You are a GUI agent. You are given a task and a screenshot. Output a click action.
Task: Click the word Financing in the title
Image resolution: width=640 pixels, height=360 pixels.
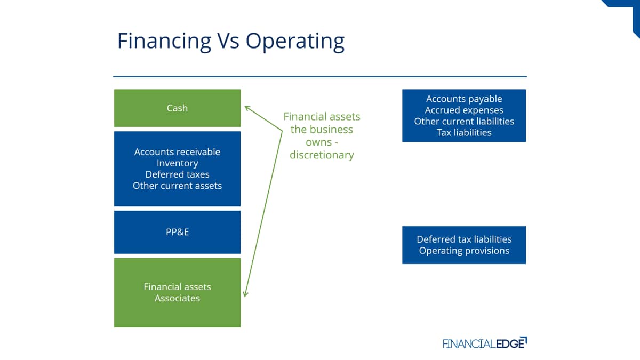click(x=164, y=42)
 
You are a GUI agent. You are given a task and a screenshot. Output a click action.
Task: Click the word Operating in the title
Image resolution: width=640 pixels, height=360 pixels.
click(x=295, y=42)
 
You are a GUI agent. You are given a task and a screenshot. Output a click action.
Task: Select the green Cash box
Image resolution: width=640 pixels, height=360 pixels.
click(x=177, y=108)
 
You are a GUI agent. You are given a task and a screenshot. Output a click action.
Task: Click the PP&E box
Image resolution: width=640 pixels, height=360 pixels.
click(x=177, y=232)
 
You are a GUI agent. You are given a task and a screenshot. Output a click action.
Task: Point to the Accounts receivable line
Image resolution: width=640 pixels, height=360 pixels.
click(x=177, y=151)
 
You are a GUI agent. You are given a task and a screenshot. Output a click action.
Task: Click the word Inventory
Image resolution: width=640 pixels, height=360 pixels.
click(x=177, y=163)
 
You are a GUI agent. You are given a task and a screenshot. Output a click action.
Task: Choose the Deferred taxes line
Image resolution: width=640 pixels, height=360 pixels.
click(x=177, y=174)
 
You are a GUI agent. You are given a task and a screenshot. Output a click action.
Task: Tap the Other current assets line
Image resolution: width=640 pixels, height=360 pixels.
click(x=177, y=186)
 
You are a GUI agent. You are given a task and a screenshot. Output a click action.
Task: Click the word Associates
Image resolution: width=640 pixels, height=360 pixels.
click(x=177, y=298)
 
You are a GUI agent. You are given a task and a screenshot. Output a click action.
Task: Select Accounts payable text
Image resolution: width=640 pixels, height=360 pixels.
click(x=464, y=99)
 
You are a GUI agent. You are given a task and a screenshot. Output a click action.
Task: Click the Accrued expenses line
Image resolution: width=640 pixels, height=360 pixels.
click(x=464, y=110)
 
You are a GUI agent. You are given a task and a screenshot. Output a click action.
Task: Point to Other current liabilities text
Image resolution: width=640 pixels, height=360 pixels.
click(x=464, y=121)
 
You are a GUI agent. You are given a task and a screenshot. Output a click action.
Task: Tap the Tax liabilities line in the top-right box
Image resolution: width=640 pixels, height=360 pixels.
click(x=464, y=132)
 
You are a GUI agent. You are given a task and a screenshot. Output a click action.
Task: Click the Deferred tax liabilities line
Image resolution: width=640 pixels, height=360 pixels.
click(x=464, y=239)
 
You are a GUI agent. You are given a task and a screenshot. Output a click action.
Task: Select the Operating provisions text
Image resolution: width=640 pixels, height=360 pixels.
click(x=464, y=251)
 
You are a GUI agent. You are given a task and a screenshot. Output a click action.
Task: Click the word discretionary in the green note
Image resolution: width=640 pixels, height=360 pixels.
click(x=322, y=155)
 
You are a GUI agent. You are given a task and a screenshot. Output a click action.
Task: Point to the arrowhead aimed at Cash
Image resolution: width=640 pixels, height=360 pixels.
click(x=247, y=108)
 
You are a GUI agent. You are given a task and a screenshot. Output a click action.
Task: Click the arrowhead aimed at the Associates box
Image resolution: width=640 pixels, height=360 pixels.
click(x=245, y=294)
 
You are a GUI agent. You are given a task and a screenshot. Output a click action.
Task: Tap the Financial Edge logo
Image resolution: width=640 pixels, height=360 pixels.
click(x=485, y=343)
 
